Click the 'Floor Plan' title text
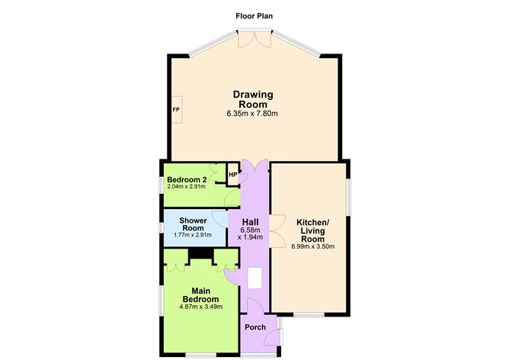[254, 15]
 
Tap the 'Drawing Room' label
[252, 99]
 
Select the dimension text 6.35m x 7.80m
[252, 114]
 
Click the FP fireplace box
[176, 110]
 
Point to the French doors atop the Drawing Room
[254, 40]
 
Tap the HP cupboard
[232, 175]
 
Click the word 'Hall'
[251, 221]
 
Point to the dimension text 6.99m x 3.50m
[312, 246]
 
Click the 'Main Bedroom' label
[200, 294]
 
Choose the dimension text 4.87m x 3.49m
[200, 307]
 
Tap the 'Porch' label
[254, 327]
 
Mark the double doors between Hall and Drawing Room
[253, 166]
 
